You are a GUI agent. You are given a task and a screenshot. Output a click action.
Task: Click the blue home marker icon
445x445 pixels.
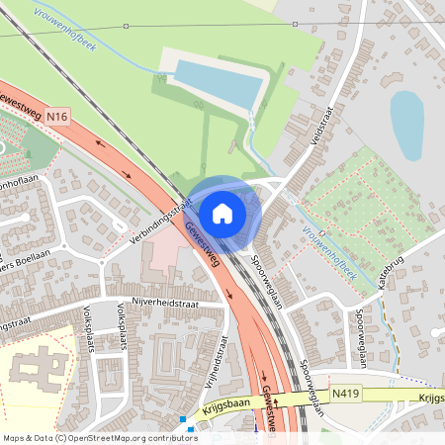(x=222, y=214)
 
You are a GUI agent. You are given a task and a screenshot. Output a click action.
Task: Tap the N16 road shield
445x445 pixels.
(x=58, y=118)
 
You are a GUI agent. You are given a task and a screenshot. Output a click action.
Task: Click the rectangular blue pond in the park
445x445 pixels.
(x=221, y=83)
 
